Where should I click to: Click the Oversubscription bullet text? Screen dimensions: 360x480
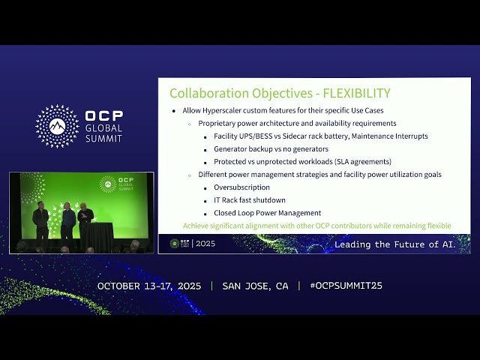tap(241, 187)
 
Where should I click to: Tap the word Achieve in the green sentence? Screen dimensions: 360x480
tap(197, 225)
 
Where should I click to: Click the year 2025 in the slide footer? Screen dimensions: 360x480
tap(205, 244)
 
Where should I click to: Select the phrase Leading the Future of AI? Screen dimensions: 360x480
tap(394, 244)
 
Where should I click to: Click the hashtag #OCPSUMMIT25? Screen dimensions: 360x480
tap(340, 286)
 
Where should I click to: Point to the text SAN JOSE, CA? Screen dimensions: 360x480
tap(255, 286)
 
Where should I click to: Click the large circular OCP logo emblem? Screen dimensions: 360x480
tap(58, 126)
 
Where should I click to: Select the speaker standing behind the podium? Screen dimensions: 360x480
tap(85, 217)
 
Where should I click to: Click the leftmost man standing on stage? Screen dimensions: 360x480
tap(40, 219)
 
